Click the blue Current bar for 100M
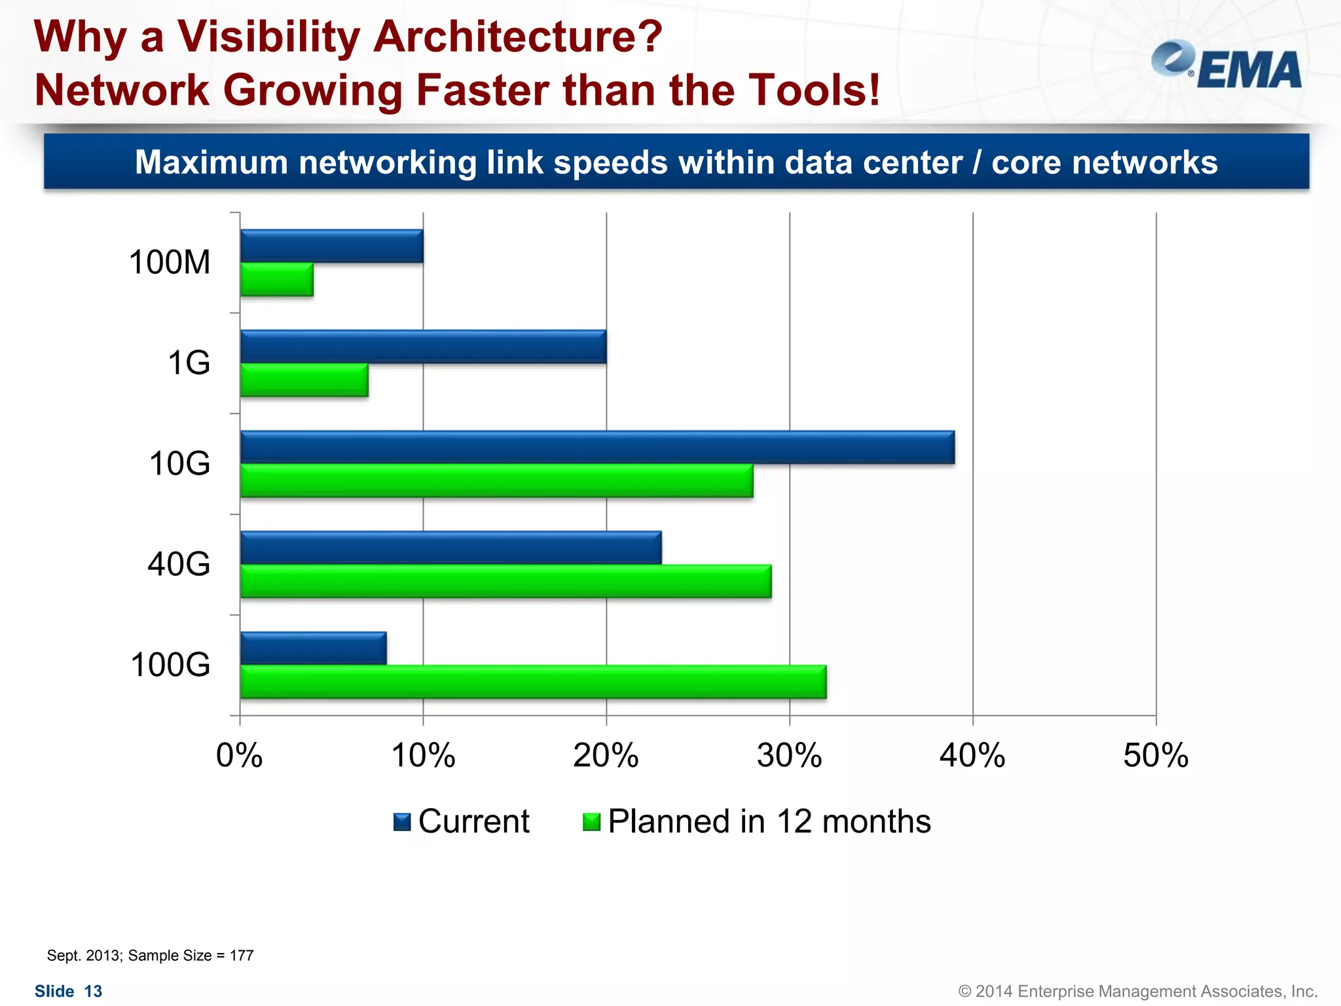pos(331,246)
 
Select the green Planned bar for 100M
pos(276,280)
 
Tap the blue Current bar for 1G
pos(423,346)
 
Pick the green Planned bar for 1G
pos(304,381)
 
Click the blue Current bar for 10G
pos(597,447)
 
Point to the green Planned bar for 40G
pos(505,581)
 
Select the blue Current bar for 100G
pos(313,648)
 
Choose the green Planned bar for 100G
pos(533,682)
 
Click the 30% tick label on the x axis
pos(789,755)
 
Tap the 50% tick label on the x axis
pos(1156,755)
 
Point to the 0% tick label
pos(240,755)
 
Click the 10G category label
pos(180,464)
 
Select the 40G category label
pos(179,564)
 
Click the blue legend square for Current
pos(402,821)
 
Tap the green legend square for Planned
pos(591,821)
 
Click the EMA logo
pos(1226,65)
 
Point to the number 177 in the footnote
pos(242,956)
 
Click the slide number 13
pos(94,991)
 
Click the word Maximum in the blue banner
pos(211,162)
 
